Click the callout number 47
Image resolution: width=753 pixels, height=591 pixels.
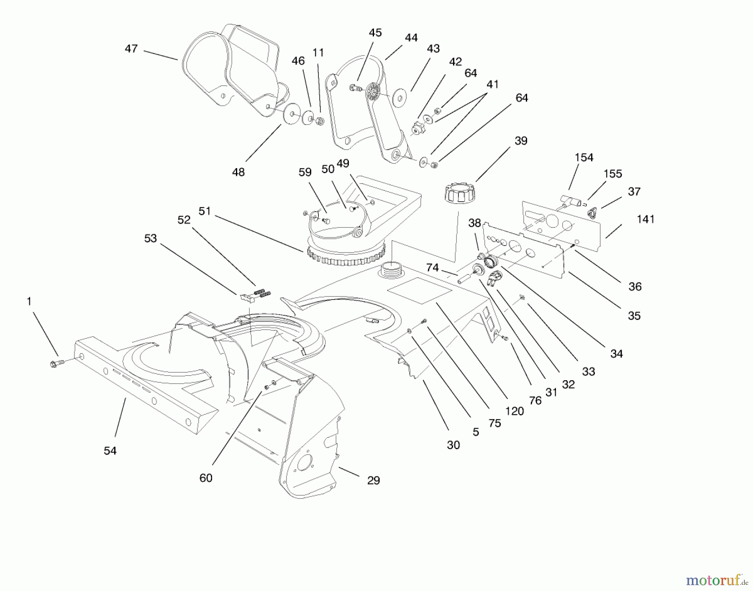(131, 49)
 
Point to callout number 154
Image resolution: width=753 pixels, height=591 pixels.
(584, 158)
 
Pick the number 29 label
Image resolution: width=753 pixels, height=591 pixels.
(373, 481)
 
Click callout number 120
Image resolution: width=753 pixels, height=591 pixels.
(514, 411)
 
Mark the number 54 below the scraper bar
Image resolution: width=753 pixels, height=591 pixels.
(110, 450)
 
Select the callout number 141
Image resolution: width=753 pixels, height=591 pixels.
(645, 219)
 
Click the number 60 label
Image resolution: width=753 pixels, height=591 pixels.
(205, 478)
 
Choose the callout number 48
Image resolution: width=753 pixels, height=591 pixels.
(238, 172)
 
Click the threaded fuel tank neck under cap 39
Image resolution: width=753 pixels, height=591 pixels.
(391, 269)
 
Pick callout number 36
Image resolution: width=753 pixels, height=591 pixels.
(635, 287)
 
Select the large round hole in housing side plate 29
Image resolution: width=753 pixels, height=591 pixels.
(305, 463)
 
